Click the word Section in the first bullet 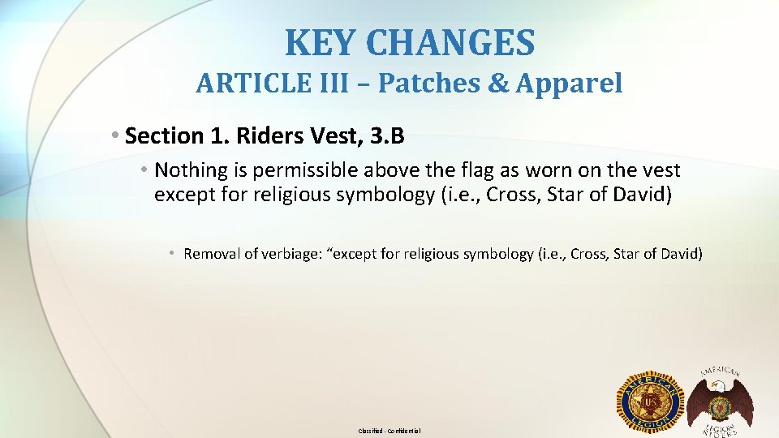(x=159, y=135)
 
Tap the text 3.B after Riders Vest (x=386, y=135)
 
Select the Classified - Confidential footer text (x=389, y=431)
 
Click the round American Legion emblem (x=652, y=401)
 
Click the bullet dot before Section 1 (x=118, y=135)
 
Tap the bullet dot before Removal (x=173, y=254)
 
